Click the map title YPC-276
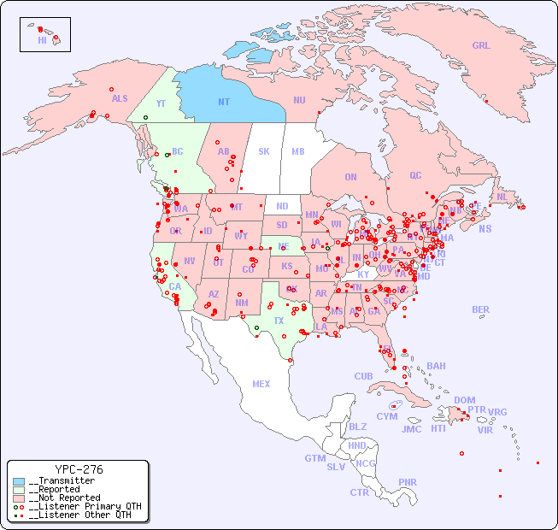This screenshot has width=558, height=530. pos(79,469)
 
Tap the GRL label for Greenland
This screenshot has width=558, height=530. pos(481,46)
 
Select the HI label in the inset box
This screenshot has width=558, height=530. pos(42,40)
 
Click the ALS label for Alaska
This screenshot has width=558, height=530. pos(120,98)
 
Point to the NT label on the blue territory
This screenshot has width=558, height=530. pos(224,102)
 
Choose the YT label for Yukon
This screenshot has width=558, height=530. pos(161,103)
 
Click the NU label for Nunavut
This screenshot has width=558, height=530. pos(299,100)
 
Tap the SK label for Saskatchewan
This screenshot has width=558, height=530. pos(264,152)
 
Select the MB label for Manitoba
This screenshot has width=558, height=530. pos(297,152)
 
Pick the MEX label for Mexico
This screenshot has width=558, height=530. pos(261,384)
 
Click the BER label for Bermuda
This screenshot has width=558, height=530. pos(480,309)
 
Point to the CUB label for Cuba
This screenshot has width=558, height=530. pos(363,376)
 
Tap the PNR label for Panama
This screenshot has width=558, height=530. pos(408,482)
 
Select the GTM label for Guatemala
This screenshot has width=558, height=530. pos(314,458)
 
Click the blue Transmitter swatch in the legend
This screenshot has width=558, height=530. pos(19,481)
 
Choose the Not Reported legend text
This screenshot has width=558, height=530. pos(64,498)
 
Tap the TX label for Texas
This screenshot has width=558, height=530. pos(279,321)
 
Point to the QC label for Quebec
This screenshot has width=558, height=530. pos(415,175)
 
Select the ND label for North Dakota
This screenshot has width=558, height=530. pos(282,206)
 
